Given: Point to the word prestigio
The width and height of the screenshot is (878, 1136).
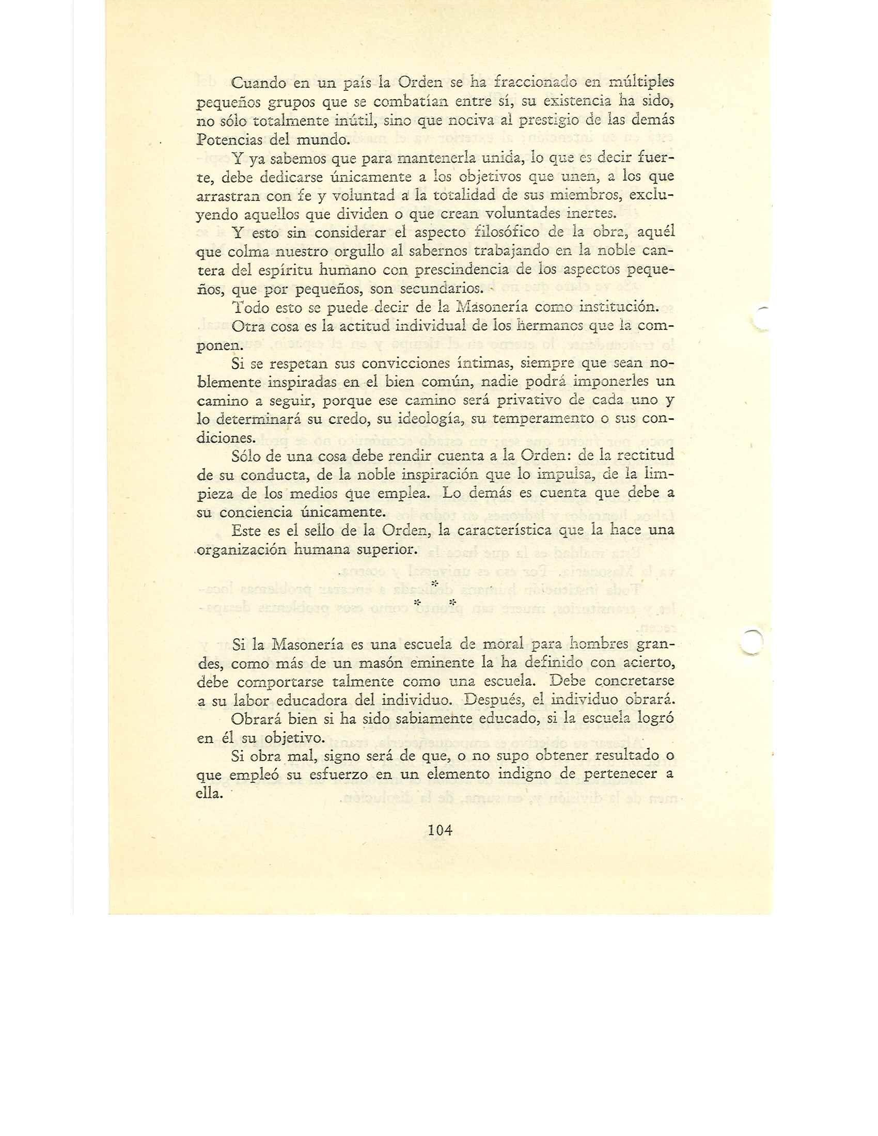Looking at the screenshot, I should pyautogui.click(x=558, y=121).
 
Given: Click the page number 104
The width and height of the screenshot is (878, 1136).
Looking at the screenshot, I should pyautogui.click(x=439, y=831).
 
